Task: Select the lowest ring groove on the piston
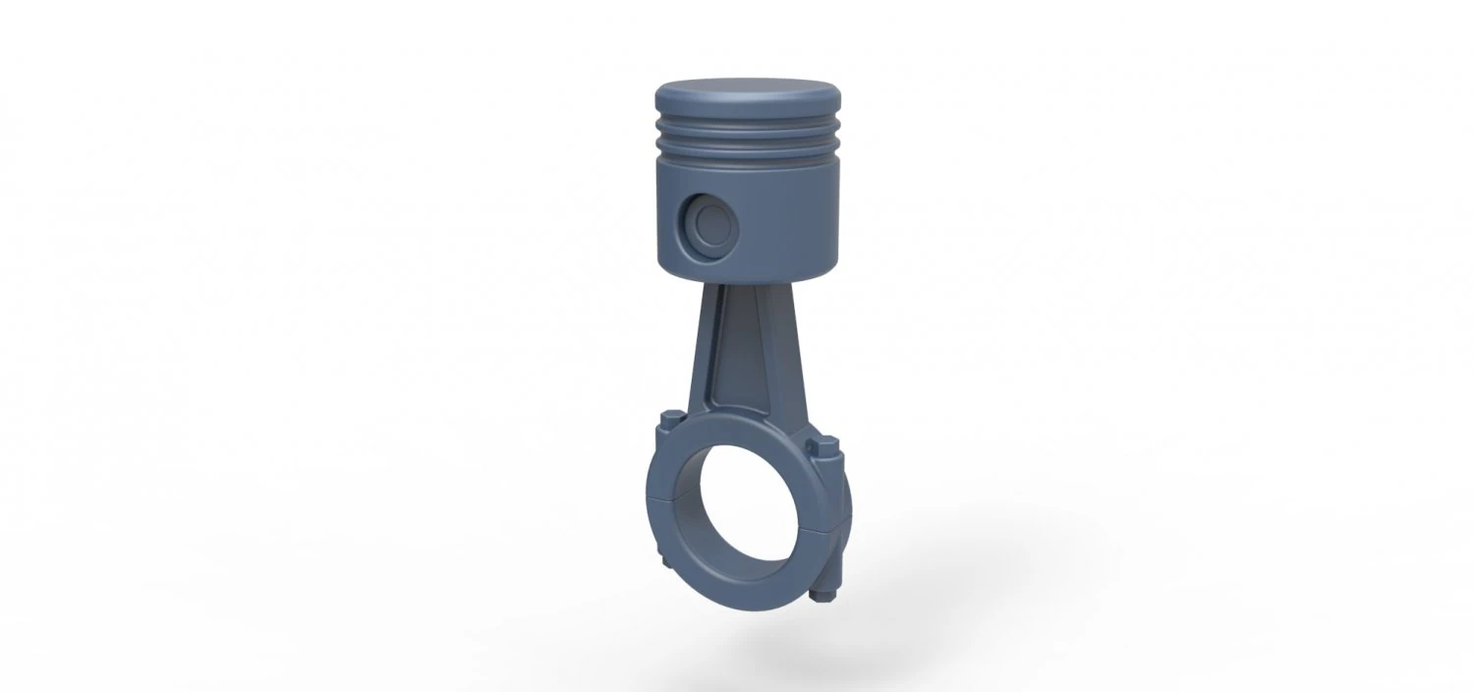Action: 749,157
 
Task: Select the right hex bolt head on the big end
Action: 822,450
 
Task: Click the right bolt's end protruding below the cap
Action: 824,594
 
